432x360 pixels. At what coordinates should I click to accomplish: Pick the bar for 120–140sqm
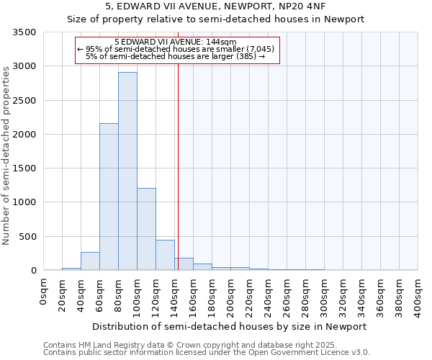pyautogui.click(x=165, y=255)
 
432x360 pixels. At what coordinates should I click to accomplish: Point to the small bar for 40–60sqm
pyautogui.click(x=90, y=261)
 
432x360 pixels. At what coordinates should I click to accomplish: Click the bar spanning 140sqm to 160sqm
pyautogui.click(x=184, y=264)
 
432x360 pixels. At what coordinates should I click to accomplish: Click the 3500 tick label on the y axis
pyautogui.click(x=24, y=32)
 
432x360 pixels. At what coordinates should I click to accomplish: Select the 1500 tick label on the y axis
pyautogui.click(x=24, y=168)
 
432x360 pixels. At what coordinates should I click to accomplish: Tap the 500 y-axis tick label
pyautogui.click(x=27, y=236)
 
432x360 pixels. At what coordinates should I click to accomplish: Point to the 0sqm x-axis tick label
pyautogui.click(x=44, y=291)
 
